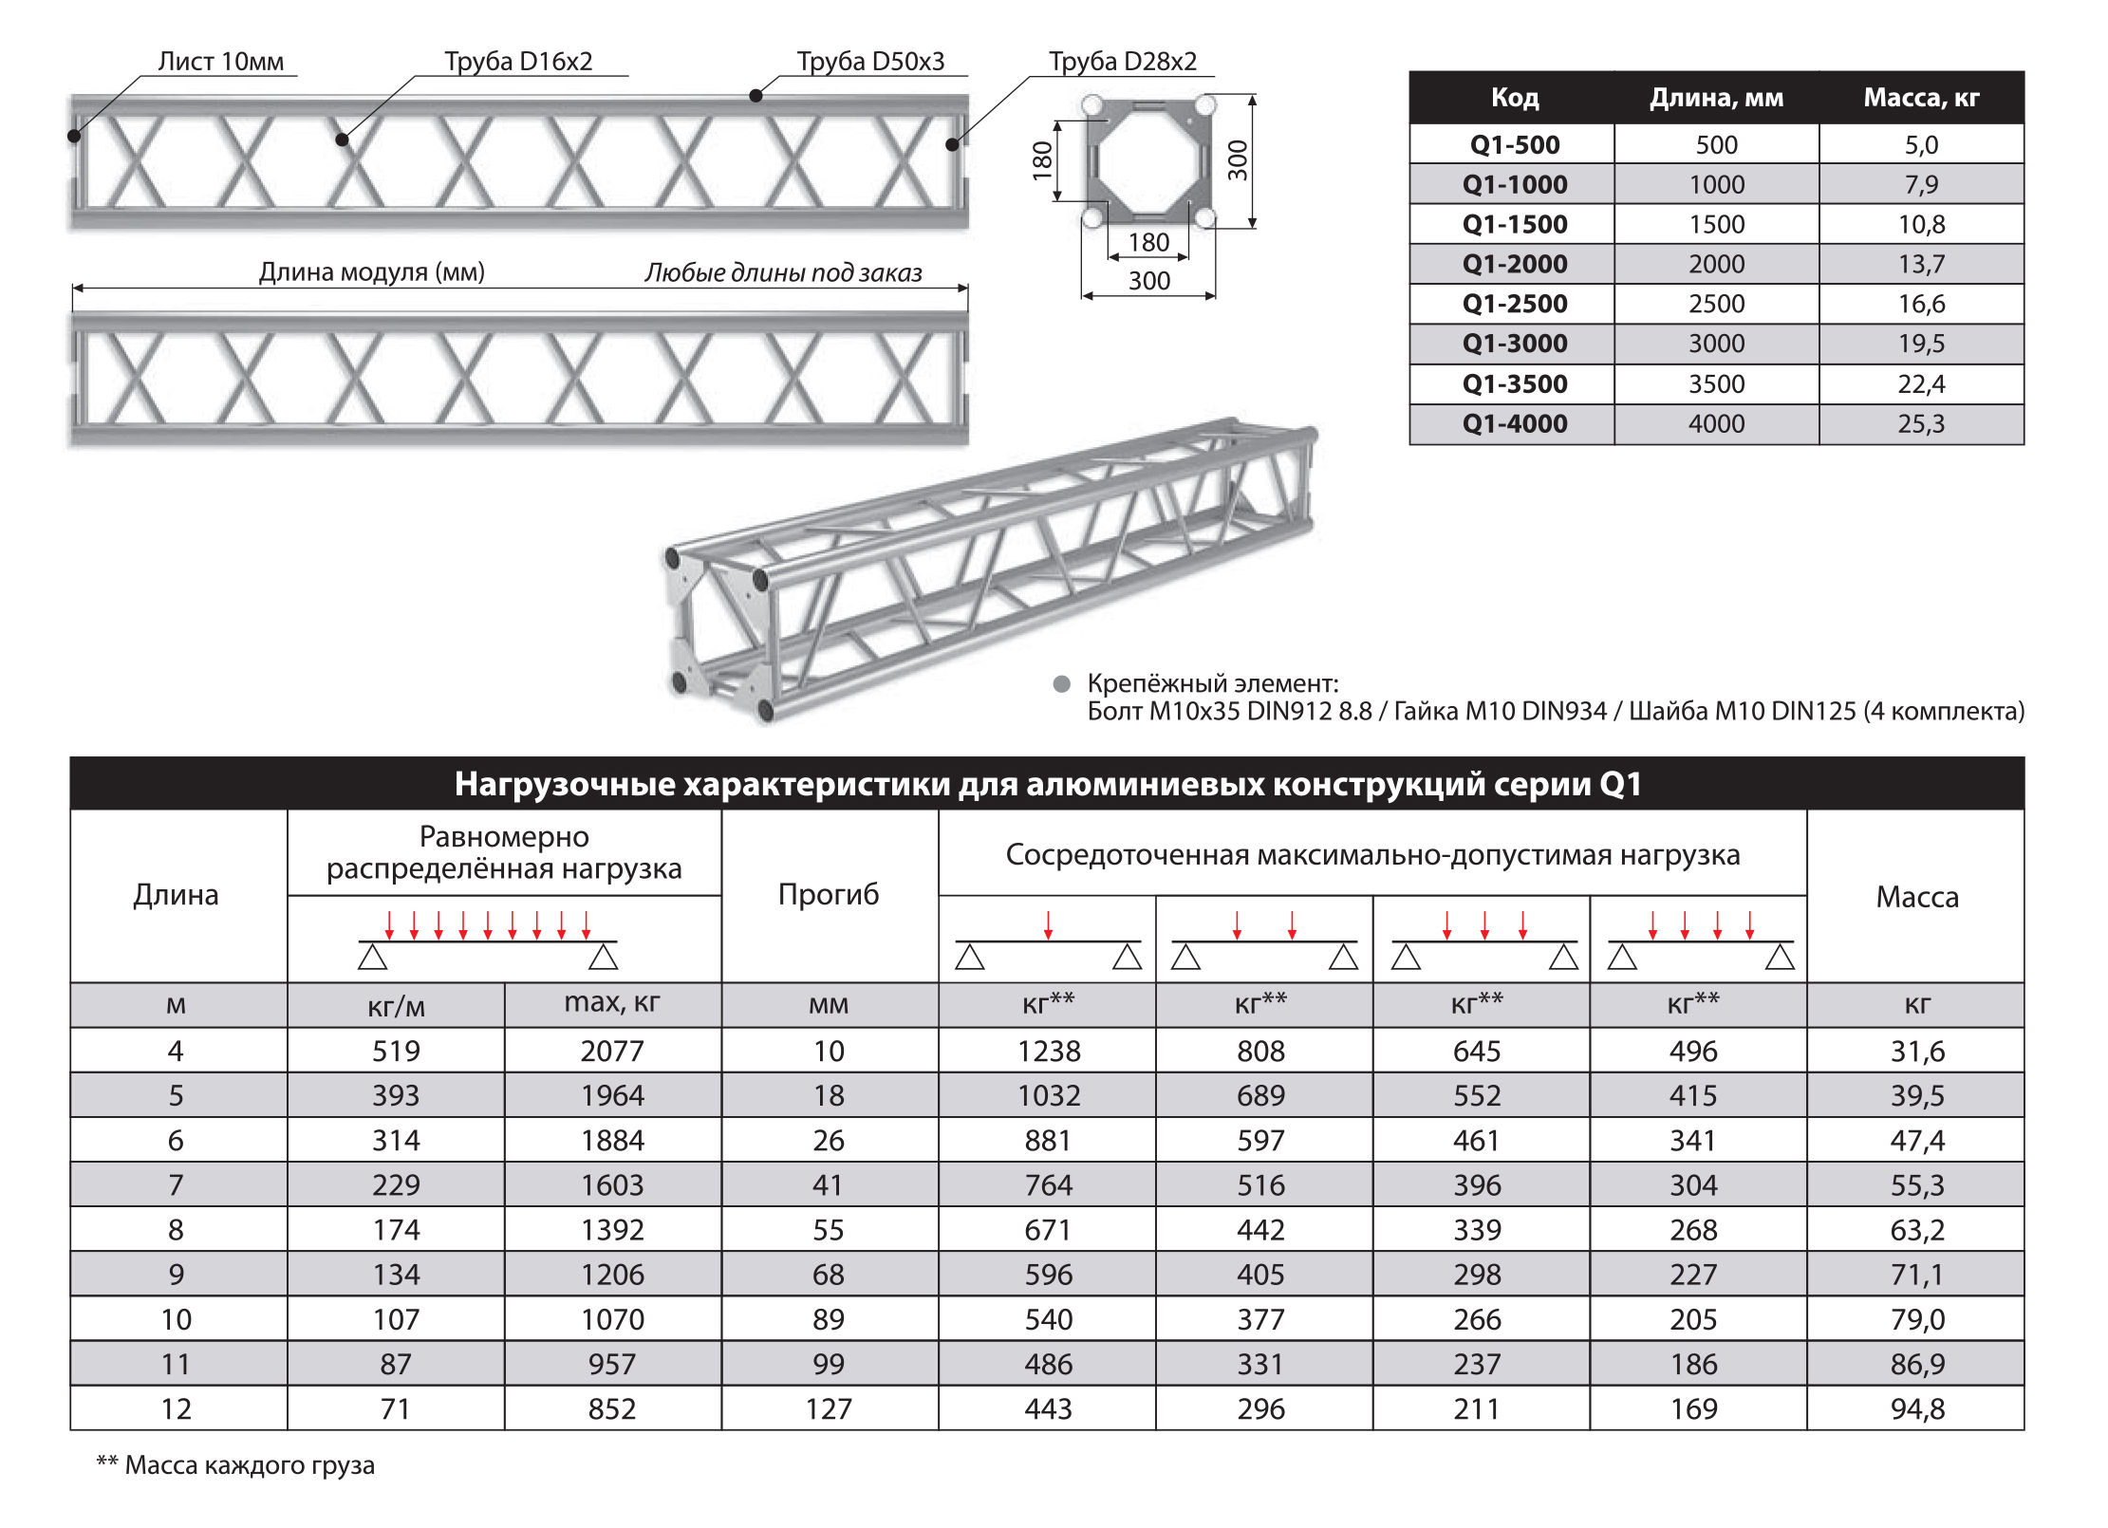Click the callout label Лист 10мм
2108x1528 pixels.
point(220,62)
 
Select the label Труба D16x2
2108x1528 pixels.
point(518,62)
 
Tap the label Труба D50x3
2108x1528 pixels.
point(870,62)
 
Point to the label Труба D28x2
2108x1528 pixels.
point(1122,62)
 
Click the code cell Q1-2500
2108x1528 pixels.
point(1514,304)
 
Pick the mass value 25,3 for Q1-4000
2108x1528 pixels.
point(1921,423)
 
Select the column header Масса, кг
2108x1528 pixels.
point(1921,98)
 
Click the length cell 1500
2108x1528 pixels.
point(1716,224)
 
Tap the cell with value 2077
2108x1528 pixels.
point(612,1051)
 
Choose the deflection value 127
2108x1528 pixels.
point(829,1408)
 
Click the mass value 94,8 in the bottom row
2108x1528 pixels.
point(1917,1408)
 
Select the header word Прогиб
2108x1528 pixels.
point(829,894)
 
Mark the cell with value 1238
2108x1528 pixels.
point(1048,1051)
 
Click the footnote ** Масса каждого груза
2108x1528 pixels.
point(235,1464)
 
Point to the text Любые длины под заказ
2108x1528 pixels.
point(783,273)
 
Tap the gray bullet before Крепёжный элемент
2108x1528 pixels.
point(1062,683)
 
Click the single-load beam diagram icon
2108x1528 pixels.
point(1048,941)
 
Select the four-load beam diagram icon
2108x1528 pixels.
point(1700,941)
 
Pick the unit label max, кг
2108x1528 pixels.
point(612,1002)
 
